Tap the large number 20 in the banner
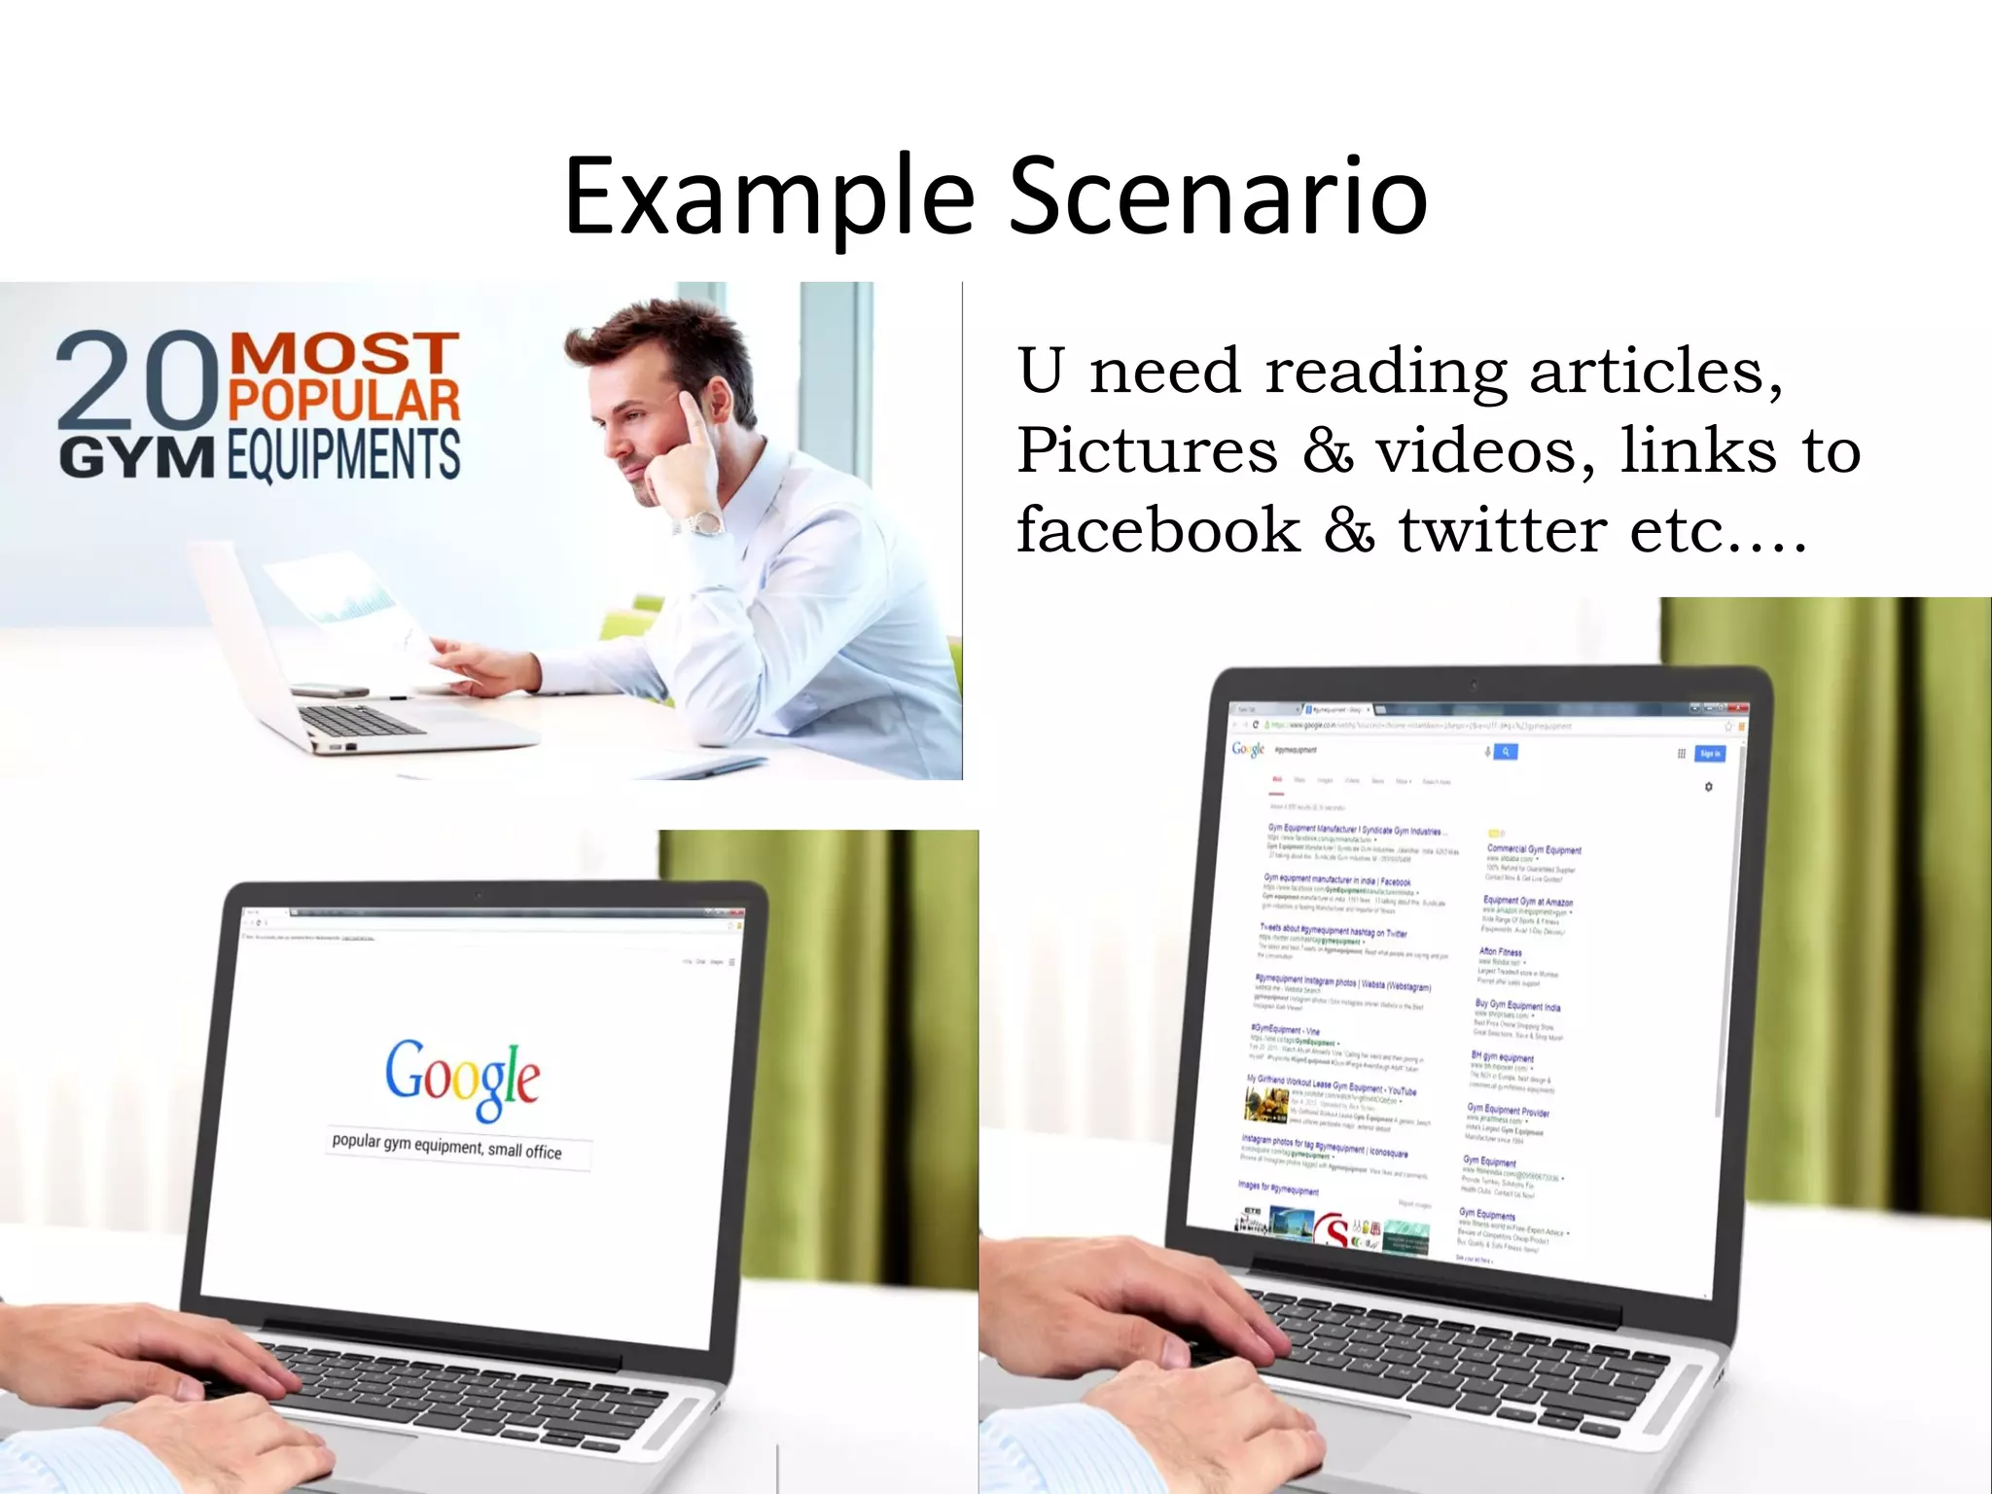click(136, 381)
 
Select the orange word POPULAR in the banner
click(343, 401)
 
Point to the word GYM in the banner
click(136, 458)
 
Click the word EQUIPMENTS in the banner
click(343, 454)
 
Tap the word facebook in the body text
click(1157, 531)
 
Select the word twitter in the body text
click(1503, 531)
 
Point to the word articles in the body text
click(1655, 372)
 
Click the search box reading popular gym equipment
click(457, 1147)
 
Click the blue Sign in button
click(1709, 754)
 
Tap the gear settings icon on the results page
click(1708, 787)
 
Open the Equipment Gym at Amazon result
click(1527, 902)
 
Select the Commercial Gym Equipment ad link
click(1534, 849)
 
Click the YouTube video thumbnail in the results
click(1266, 1104)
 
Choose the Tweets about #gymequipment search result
click(1334, 931)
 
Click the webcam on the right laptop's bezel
click(1475, 684)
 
